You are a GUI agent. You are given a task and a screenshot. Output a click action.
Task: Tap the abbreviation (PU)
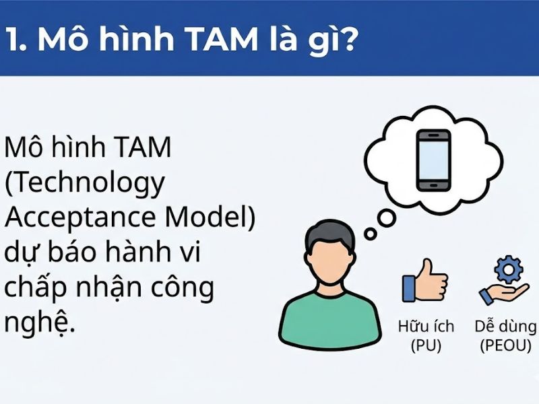[x=426, y=346]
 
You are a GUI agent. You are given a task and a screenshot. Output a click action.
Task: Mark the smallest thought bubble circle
[x=370, y=233]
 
